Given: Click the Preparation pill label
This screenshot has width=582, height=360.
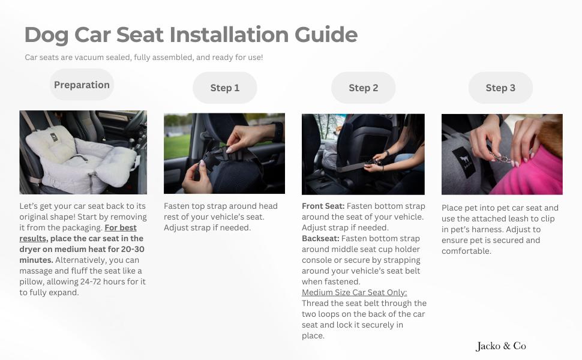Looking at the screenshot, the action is click(82, 85).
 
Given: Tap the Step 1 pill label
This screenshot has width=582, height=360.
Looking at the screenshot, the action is click(225, 88).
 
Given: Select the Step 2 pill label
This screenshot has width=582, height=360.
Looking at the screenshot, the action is click(364, 88).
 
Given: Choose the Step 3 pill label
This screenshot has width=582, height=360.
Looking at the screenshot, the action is click(500, 88).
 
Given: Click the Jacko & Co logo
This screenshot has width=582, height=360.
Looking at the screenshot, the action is click(501, 346).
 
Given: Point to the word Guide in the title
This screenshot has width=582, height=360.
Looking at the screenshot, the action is click(326, 35).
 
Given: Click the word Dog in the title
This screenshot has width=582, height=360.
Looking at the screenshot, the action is click(46, 35).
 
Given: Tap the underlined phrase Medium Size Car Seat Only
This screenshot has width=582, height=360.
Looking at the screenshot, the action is click(354, 292).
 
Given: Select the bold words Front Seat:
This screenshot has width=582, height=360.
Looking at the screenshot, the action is click(323, 206).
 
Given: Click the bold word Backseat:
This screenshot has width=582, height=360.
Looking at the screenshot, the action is click(320, 238).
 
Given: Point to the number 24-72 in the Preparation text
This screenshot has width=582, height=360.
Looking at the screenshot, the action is click(91, 281).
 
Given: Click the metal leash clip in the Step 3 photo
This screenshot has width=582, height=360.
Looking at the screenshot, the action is click(500, 158).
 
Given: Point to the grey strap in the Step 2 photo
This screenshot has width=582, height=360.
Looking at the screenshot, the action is click(353, 167).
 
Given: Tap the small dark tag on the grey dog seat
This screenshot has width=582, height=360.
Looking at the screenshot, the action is click(54, 137).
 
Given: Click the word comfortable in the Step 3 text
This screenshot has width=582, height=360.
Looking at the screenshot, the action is click(466, 251).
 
